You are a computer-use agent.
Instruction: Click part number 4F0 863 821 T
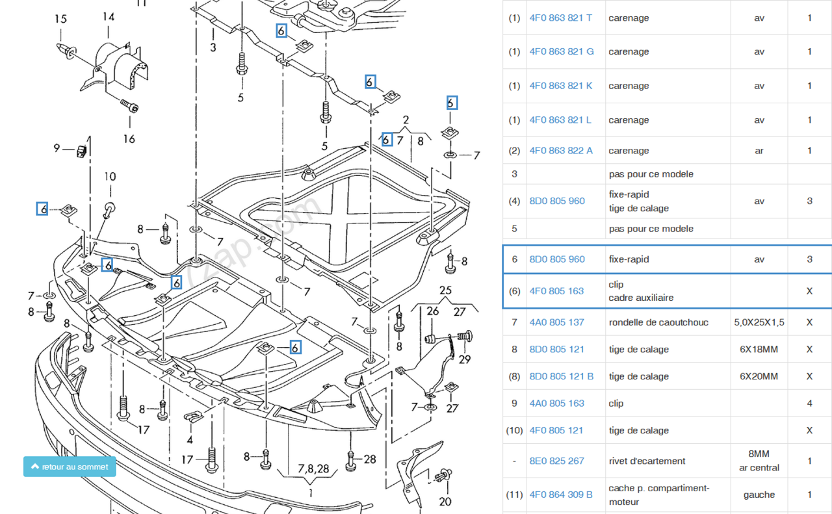[560, 18]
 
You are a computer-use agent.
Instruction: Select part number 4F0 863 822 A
[561, 151]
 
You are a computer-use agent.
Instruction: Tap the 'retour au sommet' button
[70, 467]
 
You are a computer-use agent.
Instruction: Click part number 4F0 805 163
[556, 291]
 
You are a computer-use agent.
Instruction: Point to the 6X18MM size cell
[759, 350]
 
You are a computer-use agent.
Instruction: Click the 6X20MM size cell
[759, 376]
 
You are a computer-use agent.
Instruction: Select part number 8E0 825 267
[556, 461]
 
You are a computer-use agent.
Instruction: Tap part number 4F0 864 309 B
[561, 495]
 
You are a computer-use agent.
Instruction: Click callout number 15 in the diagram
[60, 19]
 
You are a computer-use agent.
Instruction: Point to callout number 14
[108, 17]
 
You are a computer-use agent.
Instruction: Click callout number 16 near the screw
[129, 138]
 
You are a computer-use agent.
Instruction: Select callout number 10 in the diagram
[110, 176]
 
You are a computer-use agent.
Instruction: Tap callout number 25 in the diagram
[445, 290]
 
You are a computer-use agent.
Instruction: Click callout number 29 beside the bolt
[464, 359]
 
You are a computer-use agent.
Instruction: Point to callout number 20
[445, 501]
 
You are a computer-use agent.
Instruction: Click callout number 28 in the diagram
[370, 459]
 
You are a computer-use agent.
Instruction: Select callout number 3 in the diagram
[213, 47]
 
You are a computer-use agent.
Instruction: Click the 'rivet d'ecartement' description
[647, 461]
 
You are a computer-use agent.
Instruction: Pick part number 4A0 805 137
[556, 322]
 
